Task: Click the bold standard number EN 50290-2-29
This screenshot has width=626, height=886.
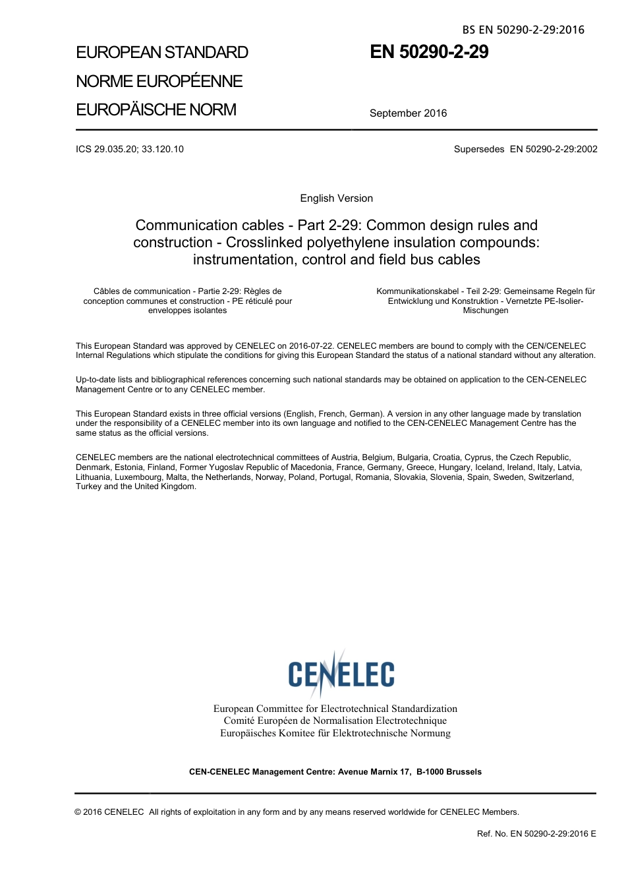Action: pyautogui.click(x=429, y=52)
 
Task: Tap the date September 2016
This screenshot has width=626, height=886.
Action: pyautogui.click(x=408, y=113)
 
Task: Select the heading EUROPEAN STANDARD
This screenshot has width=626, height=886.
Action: pyautogui.click(x=162, y=53)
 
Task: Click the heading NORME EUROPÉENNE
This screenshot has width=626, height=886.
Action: pyautogui.click(x=159, y=81)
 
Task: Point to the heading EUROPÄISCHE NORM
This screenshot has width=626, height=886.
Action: pyautogui.click(x=156, y=109)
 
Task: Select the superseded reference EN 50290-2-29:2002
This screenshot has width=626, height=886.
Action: pyautogui.click(x=554, y=149)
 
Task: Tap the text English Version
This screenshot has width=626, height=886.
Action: pyautogui.click(x=336, y=198)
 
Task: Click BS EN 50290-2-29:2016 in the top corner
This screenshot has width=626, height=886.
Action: pyautogui.click(x=523, y=30)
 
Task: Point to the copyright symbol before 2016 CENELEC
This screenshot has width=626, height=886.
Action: pyautogui.click(x=78, y=812)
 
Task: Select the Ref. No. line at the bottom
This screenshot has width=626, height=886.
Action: pyautogui.click(x=536, y=834)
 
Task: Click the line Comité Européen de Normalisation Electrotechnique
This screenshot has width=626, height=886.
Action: pyautogui.click(x=335, y=721)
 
